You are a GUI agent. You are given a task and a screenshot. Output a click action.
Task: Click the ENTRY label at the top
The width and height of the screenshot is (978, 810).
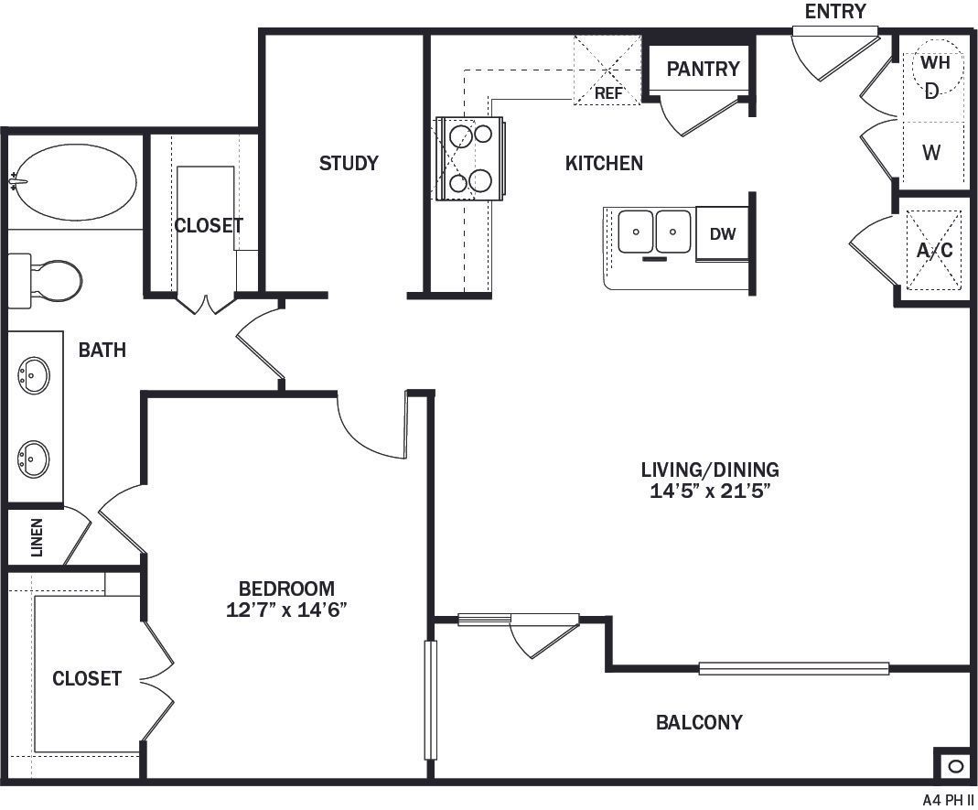click(x=834, y=12)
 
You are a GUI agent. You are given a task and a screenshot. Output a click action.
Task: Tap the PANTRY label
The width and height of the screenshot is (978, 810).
click(x=703, y=70)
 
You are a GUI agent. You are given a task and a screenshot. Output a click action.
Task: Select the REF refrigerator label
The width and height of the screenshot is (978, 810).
click(x=608, y=93)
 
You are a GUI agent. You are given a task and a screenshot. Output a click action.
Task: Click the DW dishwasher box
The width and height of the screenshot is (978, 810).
click(x=723, y=234)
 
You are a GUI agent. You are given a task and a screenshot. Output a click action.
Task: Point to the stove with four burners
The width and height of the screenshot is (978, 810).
click(x=470, y=158)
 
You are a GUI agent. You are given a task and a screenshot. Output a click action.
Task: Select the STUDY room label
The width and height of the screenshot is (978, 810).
click(x=349, y=164)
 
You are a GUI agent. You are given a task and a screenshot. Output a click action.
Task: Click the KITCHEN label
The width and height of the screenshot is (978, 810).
click(x=604, y=164)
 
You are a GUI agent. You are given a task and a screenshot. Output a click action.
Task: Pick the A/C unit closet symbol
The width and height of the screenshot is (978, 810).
click(x=934, y=250)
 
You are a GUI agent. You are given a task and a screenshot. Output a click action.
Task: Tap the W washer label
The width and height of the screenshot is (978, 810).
click(x=931, y=154)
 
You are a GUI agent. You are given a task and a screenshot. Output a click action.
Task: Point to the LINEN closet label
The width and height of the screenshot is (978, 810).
click(x=38, y=538)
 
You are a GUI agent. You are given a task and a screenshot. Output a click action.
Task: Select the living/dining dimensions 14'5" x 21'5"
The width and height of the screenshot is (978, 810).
click(x=710, y=491)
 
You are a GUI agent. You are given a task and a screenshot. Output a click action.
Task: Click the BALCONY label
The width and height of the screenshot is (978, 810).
click(x=699, y=723)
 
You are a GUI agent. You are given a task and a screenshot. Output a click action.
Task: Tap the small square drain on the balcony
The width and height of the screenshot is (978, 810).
click(x=953, y=765)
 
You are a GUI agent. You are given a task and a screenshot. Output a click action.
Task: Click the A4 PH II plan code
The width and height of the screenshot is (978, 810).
click(x=949, y=799)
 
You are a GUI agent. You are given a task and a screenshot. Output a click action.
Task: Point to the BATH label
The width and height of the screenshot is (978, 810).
click(x=102, y=351)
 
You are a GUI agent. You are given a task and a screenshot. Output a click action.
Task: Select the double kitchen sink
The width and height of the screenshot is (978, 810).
click(x=654, y=232)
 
